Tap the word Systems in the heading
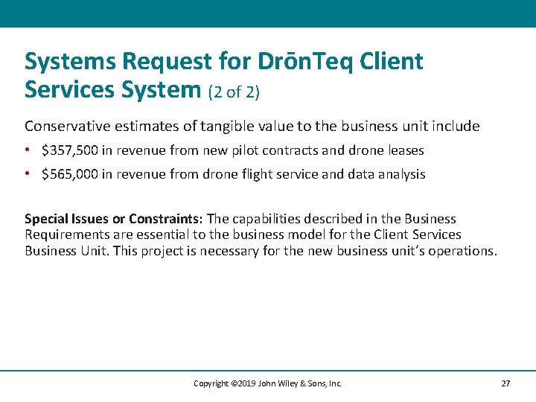tap(71, 62)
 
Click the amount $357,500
tap(69, 150)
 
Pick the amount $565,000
tap(69, 174)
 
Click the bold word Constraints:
tap(165, 219)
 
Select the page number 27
tap(505, 383)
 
